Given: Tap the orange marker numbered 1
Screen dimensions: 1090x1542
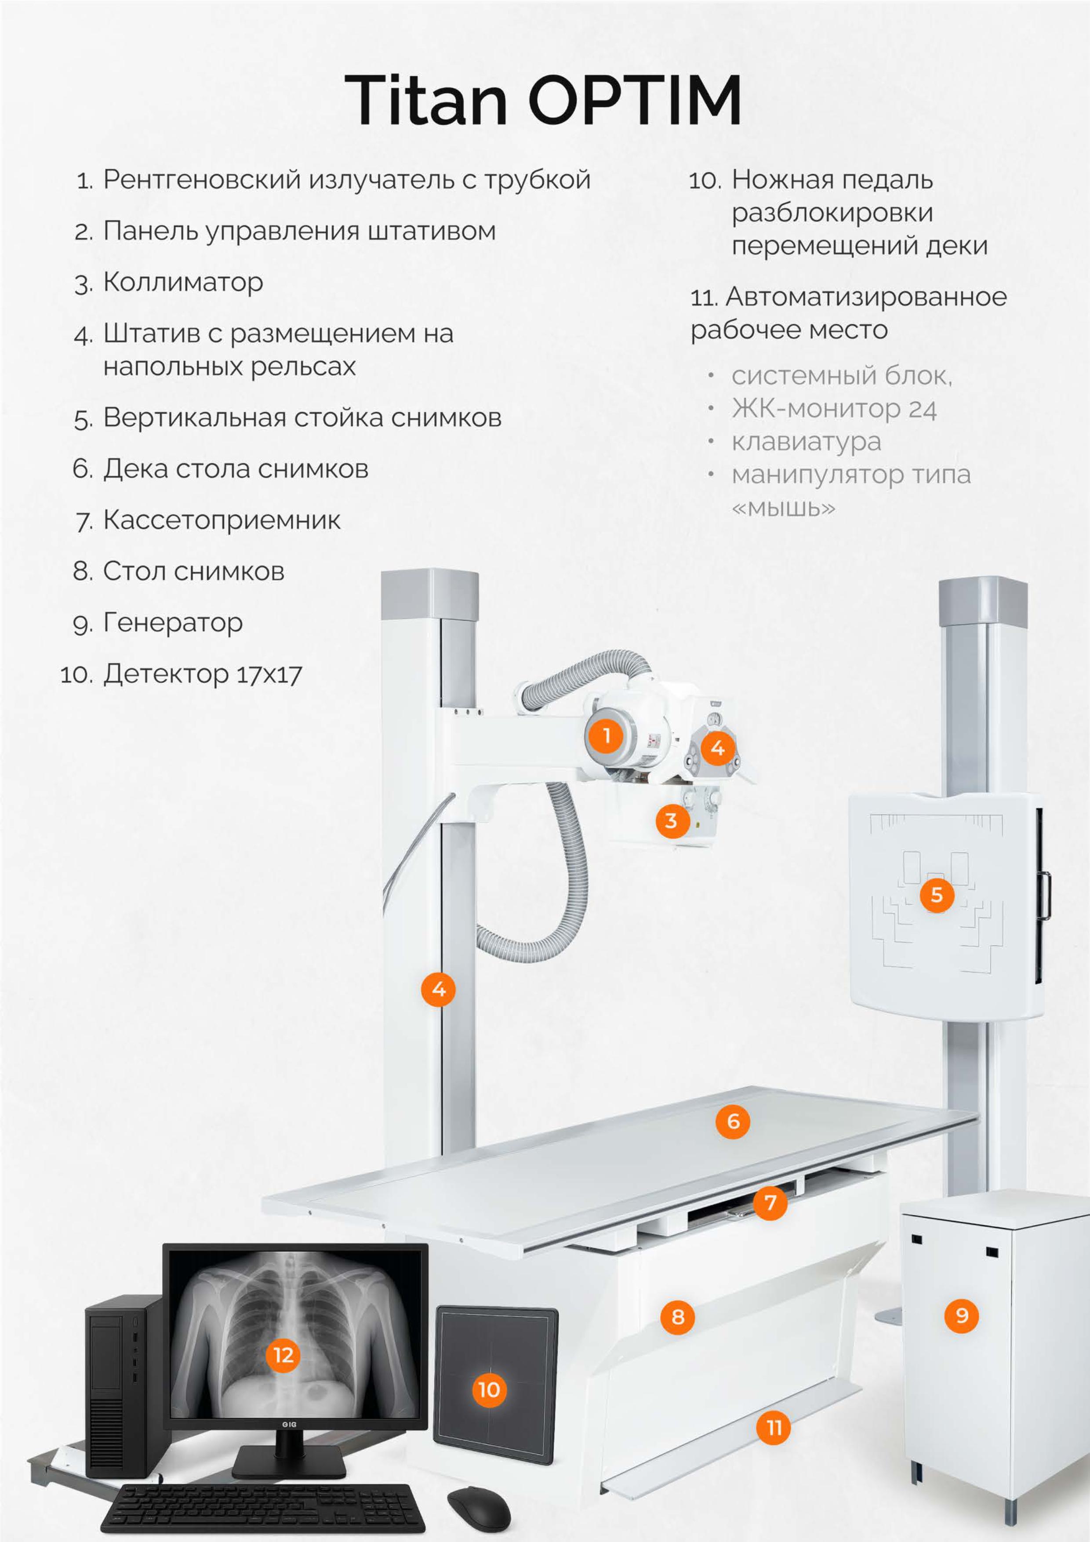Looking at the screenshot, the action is coord(607,735).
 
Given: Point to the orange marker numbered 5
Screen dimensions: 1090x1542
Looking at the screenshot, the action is coord(937,895).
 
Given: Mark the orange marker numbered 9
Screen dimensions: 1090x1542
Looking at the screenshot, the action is coord(962,1315).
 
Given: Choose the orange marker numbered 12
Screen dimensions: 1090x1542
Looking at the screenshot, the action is coord(283,1355).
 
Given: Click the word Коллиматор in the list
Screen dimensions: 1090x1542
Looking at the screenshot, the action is coord(183,283).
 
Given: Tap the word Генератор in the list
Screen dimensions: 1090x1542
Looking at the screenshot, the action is coord(173,623).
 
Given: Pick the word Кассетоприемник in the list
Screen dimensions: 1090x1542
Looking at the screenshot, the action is coord(222,520).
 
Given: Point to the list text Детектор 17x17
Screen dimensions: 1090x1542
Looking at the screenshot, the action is coord(202,674).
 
